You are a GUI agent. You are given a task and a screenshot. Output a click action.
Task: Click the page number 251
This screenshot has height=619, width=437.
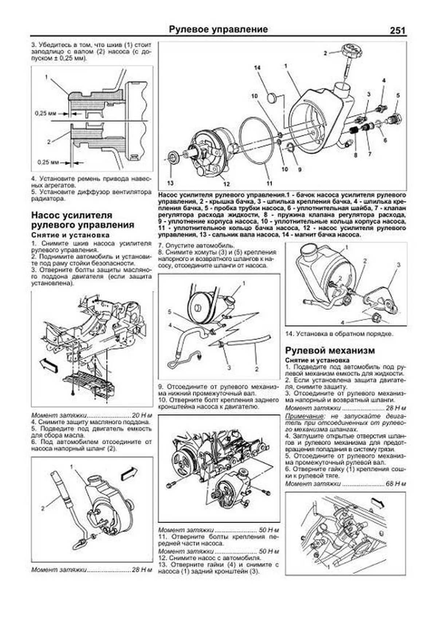397,31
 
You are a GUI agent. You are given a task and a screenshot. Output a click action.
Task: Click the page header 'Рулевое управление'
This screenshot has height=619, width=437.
219,30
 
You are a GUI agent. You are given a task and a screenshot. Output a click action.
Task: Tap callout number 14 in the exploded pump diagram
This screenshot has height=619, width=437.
257,68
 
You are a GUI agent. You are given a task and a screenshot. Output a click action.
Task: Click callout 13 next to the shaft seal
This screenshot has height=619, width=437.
170,183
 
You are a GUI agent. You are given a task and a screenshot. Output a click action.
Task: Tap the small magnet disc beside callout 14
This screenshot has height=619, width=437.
272,98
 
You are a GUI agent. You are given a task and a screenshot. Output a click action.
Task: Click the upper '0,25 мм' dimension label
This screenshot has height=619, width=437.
45,113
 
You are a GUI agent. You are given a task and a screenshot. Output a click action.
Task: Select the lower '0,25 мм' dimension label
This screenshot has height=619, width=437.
48,162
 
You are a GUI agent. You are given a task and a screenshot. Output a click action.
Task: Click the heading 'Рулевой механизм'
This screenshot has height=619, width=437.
330,351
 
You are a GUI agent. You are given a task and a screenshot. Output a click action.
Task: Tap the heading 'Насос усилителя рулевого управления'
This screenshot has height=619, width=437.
83,220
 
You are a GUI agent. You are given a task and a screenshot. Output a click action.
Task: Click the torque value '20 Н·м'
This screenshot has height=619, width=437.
142,415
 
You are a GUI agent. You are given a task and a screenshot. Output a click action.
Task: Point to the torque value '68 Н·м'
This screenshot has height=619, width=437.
395,484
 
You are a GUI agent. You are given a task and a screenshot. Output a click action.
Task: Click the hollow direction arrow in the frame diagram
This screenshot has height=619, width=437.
48,364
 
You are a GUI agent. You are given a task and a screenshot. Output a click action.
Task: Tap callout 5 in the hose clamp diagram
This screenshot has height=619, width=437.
169,312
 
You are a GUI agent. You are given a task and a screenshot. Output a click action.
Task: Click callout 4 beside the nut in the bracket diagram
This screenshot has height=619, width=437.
342,322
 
